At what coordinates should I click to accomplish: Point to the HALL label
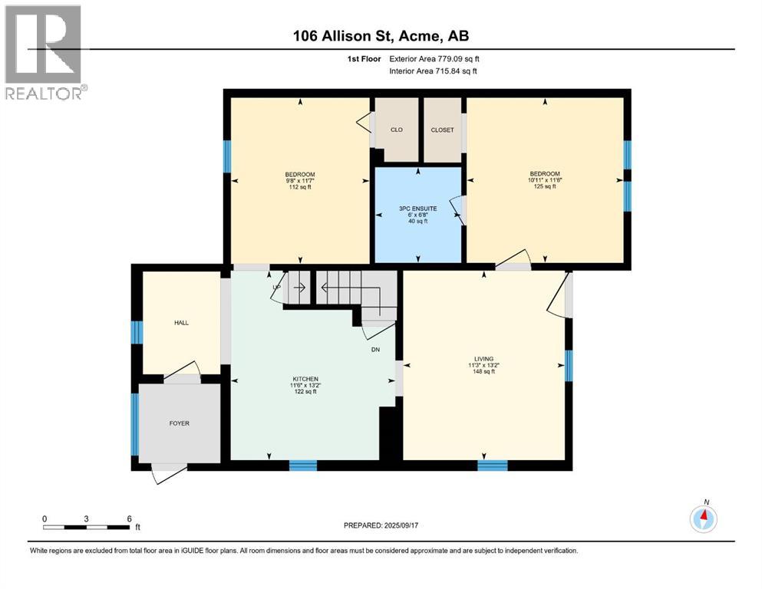[181, 323]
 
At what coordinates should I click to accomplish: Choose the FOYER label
[179, 423]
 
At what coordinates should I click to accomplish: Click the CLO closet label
[397, 130]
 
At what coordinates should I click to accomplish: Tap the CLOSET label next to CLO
[442, 130]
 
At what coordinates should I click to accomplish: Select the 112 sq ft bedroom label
[299, 180]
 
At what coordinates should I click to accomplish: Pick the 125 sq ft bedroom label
[544, 179]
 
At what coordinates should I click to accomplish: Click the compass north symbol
[703, 518]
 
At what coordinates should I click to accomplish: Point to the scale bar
[87, 527]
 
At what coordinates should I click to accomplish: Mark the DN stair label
[375, 350]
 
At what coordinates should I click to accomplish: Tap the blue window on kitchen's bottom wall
[303, 465]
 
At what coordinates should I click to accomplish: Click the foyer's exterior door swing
[170, 473]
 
